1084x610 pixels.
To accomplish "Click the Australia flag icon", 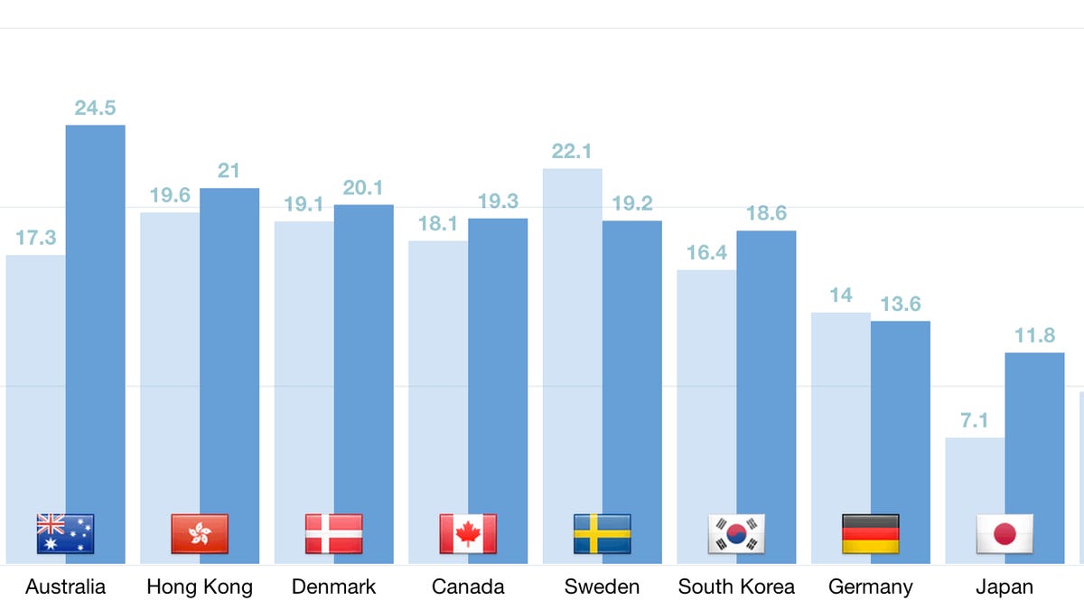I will (x=65, y=534).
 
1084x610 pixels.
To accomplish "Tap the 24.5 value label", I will (x=95, y=108).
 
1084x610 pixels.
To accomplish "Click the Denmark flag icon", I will (x=333, y=534).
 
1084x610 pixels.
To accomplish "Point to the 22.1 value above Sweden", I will (x=571, y=151).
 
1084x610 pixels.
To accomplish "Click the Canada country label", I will (x=468, y=587).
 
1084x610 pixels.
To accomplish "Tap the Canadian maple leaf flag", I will (x=468, y=534).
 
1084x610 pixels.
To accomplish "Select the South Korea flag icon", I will (x=736, y=534).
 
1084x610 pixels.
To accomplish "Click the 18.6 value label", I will (x=766, y=213).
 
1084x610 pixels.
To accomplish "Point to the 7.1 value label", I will (x=975, y=420).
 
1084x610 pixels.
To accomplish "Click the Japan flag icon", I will (x=1005, y=534).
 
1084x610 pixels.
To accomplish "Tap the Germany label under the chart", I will (x=871, y=587).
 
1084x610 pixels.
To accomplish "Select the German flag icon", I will (x=871, y=534).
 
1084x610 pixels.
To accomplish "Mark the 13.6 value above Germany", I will (x=900, y=304).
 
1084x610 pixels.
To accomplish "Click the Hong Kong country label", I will (x=200, y=587).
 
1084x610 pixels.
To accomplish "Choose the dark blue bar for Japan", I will (x=1035, y=434).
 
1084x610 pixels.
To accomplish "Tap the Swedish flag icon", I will (x=603, y=534).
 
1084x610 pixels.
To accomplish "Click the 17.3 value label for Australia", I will (x=36, y=238).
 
